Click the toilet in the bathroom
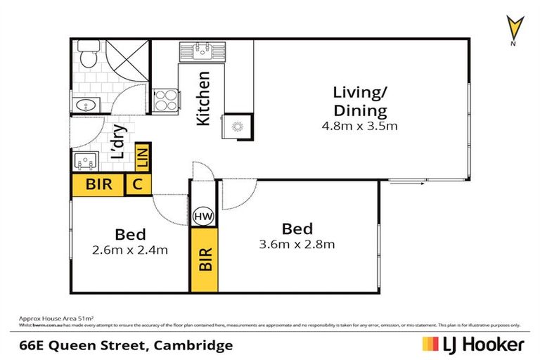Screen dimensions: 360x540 point(87,55)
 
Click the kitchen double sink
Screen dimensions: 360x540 point(201,51)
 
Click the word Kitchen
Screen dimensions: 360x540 point(203,98)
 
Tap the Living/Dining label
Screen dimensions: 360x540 point(360,101)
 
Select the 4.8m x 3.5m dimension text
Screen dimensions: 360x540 point(360,127)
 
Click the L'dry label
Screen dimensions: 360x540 point(119,141)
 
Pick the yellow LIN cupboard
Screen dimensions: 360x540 point(143,155)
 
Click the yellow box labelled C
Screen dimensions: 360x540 point(137,186)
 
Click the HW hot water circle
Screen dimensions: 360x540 point(204,217)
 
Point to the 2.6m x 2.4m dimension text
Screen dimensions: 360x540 point(130,250)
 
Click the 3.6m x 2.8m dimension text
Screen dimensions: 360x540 point(297,244)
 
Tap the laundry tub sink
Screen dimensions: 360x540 point(86,161)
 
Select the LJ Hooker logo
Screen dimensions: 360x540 point(472,345)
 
